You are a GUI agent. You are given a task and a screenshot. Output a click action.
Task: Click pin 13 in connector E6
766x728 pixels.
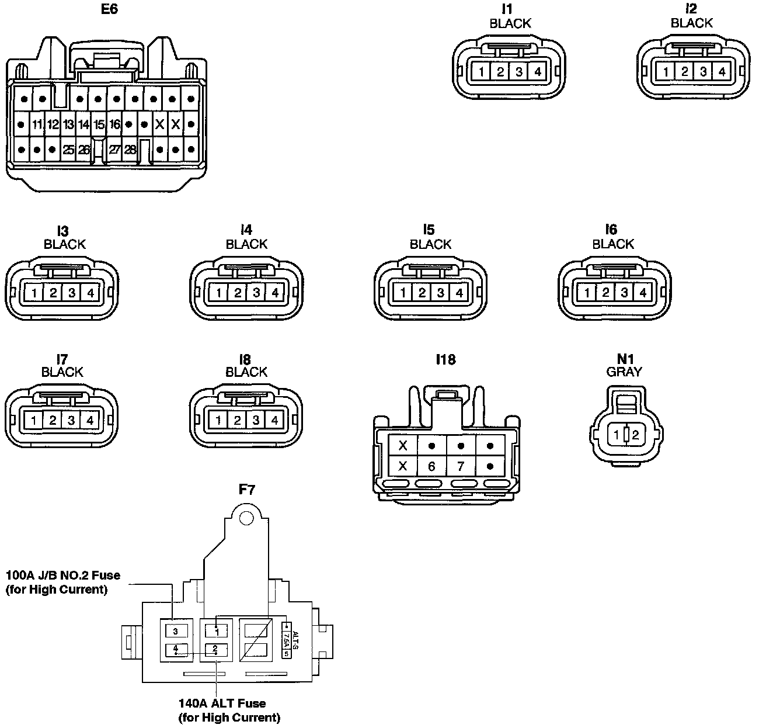pos(68,124)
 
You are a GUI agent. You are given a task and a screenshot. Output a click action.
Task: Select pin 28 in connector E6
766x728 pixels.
pos(130,150)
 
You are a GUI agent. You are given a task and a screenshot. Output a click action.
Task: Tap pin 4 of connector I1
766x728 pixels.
pos(537,72)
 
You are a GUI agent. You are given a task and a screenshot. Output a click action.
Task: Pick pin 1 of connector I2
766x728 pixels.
pos(666,72)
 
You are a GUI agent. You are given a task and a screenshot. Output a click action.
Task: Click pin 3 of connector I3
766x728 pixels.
pos(71,293)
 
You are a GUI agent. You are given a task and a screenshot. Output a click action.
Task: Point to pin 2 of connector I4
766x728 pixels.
pos(237,293)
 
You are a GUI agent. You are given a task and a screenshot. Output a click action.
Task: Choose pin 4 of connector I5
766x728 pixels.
pos(459,293)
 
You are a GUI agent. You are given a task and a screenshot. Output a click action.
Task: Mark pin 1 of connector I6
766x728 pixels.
pos(587,293)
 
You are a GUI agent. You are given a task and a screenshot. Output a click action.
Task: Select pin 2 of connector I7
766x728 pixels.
pos(53,420)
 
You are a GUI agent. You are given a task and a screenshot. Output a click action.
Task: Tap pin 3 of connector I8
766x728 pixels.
pos(256,420)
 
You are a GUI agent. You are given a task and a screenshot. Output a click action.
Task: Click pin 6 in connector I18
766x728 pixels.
pos(431,466)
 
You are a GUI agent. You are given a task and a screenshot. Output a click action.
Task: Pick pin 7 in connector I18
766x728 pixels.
pos(461,466)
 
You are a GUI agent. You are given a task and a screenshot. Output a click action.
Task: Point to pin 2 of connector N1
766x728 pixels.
pos(635,435)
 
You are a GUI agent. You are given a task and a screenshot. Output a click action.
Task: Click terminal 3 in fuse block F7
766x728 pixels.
pos(175,631)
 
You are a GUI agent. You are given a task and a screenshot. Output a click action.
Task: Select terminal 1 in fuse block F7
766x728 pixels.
pos(217,631)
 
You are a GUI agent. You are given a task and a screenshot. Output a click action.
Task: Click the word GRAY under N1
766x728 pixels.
pos(624,372)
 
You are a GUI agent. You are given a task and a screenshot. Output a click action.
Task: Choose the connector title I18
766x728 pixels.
pos(445,360)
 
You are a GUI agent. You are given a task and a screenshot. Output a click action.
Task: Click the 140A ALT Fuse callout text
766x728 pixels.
pos(222,703)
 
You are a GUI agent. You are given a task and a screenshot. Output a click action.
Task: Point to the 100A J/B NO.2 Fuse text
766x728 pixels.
pos(62,575)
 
